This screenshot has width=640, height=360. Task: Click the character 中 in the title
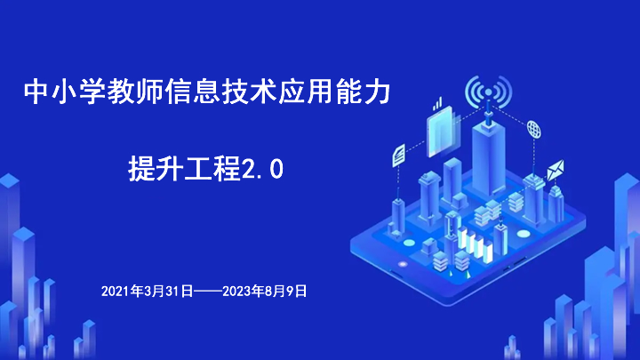[36, 92]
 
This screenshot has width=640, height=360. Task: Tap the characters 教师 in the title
[135, 92]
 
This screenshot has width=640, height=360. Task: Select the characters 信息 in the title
[193, 92]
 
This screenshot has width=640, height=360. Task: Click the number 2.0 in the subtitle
[263, 169]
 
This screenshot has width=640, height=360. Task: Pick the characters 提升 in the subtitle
[156, 169]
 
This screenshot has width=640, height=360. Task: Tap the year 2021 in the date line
[116, 291]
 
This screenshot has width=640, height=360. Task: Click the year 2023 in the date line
[236, 291]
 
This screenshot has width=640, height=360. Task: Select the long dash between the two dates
[208, 292]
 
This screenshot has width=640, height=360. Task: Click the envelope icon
[556, 170]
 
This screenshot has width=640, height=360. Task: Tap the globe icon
[533, 130]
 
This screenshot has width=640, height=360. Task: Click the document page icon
[399, 155]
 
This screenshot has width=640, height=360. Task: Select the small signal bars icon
[437, 104]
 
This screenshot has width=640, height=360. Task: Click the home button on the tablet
[403, 264]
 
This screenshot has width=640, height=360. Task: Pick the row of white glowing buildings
[475, 244]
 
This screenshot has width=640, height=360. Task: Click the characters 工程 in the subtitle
[212, 169]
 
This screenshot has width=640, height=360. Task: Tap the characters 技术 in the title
[250, 92]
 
